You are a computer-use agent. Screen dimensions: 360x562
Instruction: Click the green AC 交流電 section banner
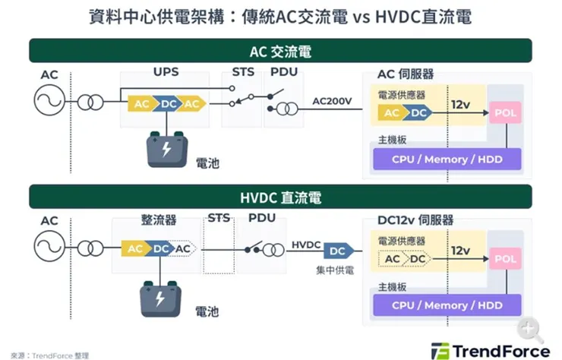click(281, 51)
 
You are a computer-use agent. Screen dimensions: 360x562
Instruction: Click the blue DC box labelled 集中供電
click(336, 251)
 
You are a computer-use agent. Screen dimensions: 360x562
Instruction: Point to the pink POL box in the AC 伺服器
click(505, 112)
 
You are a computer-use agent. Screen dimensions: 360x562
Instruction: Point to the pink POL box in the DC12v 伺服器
click(505, 260)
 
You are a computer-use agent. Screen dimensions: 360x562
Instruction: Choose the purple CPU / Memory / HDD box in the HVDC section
click(447, 305)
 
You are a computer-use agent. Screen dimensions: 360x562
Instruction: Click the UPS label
click(166, 74)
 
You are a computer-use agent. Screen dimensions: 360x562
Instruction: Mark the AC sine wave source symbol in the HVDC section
click(49, 248)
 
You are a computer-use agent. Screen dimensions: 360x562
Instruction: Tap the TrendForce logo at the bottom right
click(491, 350)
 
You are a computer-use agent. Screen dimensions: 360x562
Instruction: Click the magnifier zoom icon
click(530, 328)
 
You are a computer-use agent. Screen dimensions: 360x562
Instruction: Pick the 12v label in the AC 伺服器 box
click(460, 103)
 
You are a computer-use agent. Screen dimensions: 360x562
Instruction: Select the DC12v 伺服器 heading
click(415, 220)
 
